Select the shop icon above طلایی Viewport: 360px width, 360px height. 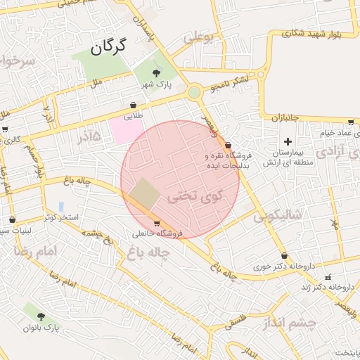pyautogui.click(x=134, y=105)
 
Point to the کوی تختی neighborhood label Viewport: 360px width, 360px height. pyautogui.click(x=194, y=198)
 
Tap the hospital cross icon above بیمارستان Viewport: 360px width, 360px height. pyautogui.click(x=288, y=141)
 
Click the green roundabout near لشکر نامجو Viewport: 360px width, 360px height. pyautogui.click(x=194, y=92)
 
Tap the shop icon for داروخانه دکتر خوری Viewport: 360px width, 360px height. pyautogui.click(x=284, y=256)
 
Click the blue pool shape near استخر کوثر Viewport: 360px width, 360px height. pyautogui.click(x=62, y=207)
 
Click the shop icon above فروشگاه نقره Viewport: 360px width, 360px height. pyautogui.click(x=228, y=144)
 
